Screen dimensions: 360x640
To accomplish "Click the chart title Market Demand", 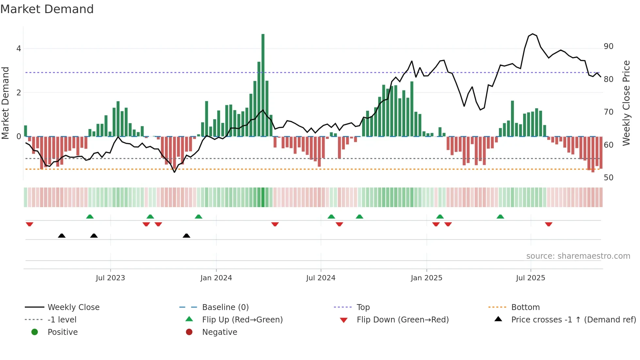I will tap(47, 9).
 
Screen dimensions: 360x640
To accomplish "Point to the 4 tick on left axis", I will tap(19, 49).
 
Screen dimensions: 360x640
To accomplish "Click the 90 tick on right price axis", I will tap(608, 46).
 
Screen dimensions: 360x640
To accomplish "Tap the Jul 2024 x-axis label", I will tap(321, 278).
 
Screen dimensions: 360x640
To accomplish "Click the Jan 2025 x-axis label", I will tap(426, 278).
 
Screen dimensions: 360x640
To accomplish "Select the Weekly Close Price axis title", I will tap(626, 103).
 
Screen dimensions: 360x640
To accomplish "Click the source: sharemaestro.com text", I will tap(578, 256).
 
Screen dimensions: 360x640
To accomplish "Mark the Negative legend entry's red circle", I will tap(189, 332).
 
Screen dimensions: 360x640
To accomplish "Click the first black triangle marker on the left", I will tap(62, 236).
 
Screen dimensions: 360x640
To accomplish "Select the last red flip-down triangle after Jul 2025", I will tap(549, 224).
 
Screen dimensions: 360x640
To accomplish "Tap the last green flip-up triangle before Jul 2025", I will tap(500, 217).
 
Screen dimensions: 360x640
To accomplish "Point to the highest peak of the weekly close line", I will tap(533, 34).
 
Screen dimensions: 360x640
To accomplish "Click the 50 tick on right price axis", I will tap(608, 178).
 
